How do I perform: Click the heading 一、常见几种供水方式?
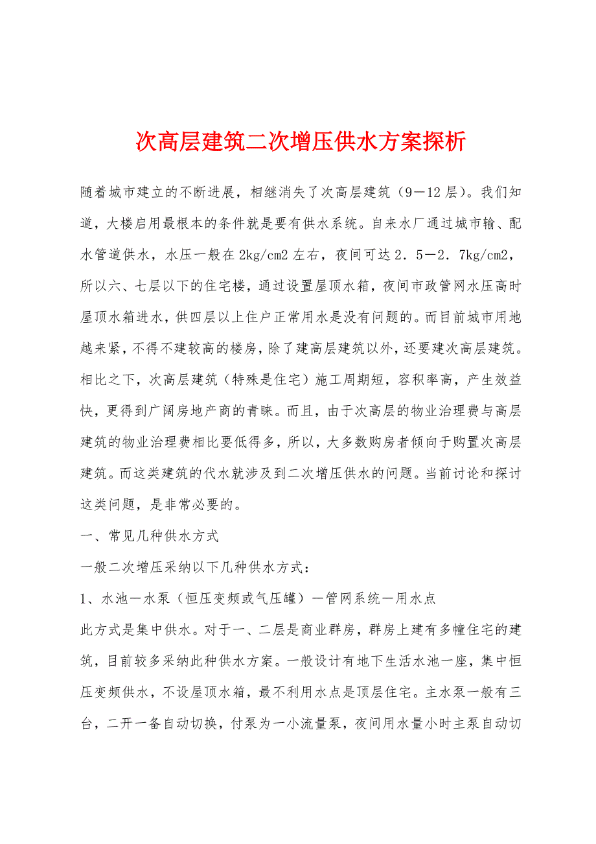[x=150, y=536]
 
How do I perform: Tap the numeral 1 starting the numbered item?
[x=84, y=599]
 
